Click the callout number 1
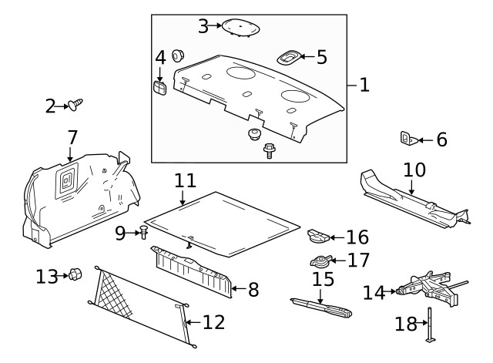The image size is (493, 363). pos(364,85)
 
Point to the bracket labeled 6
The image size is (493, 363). pos(408,139)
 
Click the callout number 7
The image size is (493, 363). pos(72,138)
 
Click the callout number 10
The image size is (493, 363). pos(414,169)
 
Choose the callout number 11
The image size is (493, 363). pos(185,180)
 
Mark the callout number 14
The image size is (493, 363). pos(374,292)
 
